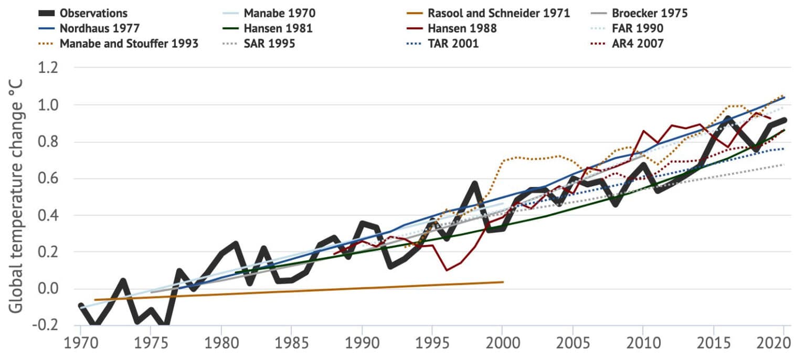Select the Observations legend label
click(93, 13)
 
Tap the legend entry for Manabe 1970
click(280, 13)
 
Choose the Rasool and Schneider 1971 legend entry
click(499, 13)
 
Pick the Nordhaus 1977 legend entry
click(98, 28)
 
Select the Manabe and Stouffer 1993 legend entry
click(129, 44)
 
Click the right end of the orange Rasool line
click(503, 282)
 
